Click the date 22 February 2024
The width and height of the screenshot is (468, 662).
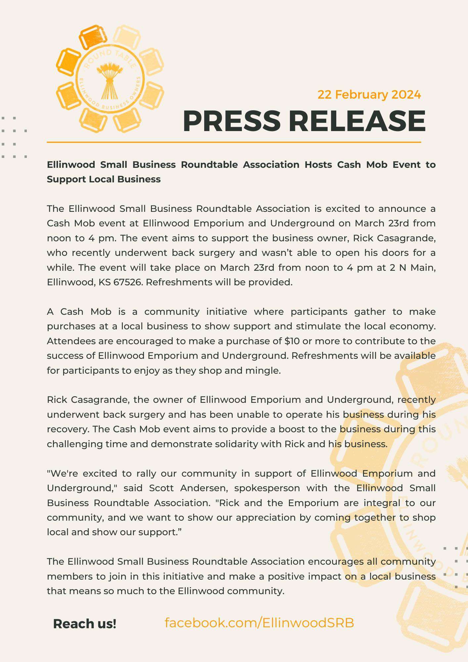[369, 95]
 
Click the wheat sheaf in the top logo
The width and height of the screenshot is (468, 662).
[110, 80]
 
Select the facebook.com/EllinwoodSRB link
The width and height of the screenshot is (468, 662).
[259, 623]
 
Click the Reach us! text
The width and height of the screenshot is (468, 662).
[85, 624]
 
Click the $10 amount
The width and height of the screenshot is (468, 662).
[292, 341]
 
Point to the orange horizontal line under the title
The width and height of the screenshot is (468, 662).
[234, 142]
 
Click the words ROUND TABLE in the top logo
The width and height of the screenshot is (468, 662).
[110, 56]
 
